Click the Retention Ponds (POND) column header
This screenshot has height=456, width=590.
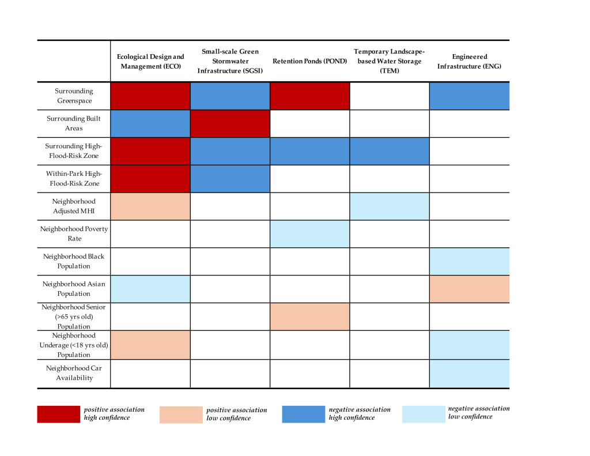309,61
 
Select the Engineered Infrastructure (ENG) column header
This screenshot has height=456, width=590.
469,61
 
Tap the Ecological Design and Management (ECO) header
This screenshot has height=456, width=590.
150,61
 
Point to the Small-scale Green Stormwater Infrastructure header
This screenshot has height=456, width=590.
230,61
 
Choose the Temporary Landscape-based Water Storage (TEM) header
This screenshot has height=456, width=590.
389,61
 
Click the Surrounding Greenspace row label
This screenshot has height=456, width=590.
74,96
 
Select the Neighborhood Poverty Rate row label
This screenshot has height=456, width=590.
74,233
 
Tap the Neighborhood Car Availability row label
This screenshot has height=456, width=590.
74,373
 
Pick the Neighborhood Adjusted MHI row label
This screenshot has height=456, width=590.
74,206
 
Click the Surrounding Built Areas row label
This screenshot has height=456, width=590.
74,123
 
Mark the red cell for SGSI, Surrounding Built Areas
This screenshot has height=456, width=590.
230,123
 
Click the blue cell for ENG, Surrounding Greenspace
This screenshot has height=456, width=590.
469,96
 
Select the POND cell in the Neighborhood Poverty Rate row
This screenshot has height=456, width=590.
309,233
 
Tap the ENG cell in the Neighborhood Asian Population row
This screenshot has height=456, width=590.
469,289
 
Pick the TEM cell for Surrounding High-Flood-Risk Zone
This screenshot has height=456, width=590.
389,151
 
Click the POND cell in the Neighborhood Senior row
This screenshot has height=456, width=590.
309,316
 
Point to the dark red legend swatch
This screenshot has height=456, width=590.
58,414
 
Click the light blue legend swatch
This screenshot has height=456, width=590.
423,414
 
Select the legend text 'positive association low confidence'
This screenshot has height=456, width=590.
236,414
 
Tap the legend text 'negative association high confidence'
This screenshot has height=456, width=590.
359,413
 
